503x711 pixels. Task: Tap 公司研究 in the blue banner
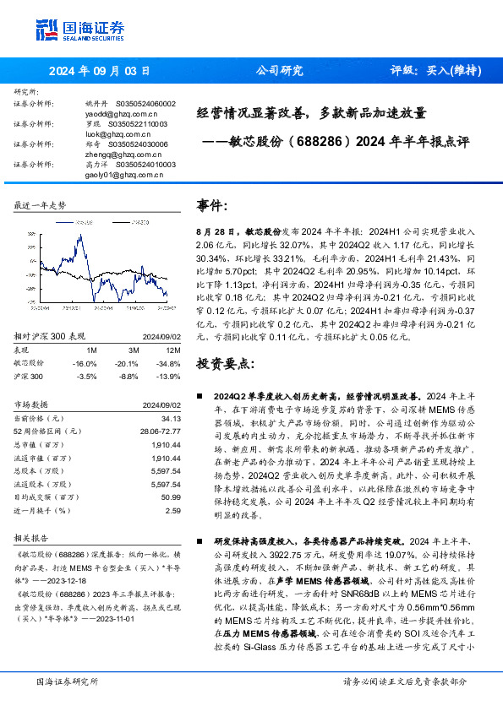point(279,70)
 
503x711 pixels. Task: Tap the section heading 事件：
point(214,205)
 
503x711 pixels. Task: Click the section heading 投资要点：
point(225,363)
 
